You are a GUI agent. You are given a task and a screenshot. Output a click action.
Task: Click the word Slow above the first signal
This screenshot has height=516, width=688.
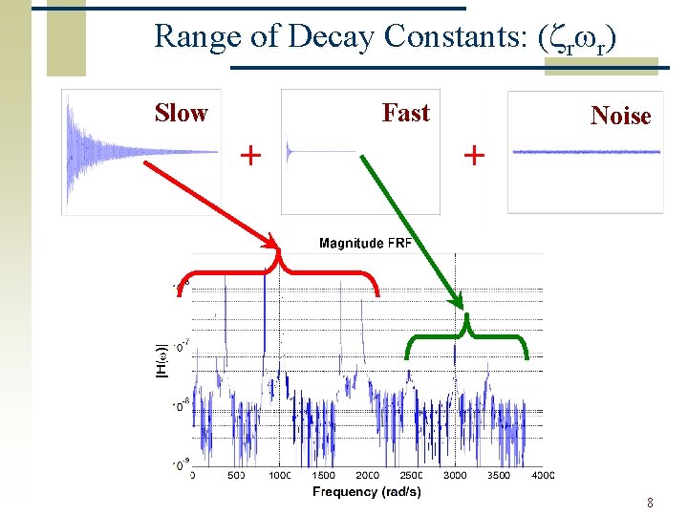click(x=181, y=113)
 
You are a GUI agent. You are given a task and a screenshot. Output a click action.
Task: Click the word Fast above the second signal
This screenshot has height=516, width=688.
click(x=406, y=113)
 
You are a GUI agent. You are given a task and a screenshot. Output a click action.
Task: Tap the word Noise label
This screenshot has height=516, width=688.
click(x=620, y=117)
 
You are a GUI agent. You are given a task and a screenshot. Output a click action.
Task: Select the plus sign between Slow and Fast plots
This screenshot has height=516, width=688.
click(x=250, y=154)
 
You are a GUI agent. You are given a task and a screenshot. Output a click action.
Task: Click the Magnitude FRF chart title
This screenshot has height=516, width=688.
click(x=365, y=244)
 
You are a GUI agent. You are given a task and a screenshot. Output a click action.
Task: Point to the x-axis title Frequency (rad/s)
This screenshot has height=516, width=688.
click(x=366, y=492)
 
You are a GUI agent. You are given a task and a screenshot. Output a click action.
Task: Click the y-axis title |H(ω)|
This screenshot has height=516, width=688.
click(x=161, y=364)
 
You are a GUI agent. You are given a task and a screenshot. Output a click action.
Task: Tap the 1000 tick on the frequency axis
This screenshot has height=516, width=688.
click(x=279, y=475)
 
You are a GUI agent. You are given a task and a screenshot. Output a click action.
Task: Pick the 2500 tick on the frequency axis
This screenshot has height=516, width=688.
click(x=411, y=475)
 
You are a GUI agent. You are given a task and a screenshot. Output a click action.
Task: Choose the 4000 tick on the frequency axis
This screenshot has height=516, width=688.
click(x=542, y=475)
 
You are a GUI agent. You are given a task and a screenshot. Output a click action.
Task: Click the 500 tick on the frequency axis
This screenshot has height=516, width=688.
click(x=236, y=475)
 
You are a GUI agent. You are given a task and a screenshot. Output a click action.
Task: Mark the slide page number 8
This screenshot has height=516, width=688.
click(x=649, y=503)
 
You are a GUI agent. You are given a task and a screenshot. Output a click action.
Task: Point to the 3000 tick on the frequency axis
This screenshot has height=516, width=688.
click(x=455, y=475)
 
